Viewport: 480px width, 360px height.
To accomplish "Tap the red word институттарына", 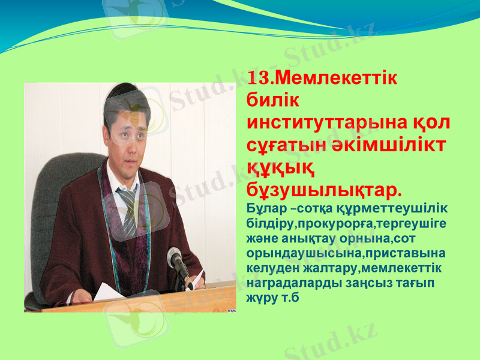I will pyautogui.click(x=325, y=123).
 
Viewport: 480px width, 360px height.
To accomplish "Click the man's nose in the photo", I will pyautogui.click(x=126, y=136).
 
